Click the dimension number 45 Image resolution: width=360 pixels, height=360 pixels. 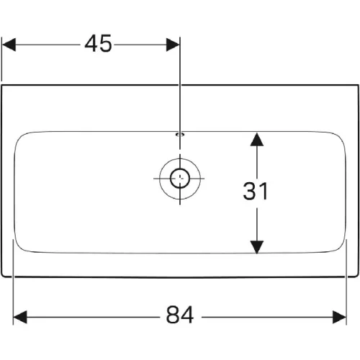[x=98, y=43]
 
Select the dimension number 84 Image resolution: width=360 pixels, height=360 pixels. [x=180, y=315]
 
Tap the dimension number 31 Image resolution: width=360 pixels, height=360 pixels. [x=256, y=191]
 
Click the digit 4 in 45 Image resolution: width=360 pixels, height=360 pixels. [x=91, y=43]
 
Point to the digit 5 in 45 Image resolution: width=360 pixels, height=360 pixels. [x=106, y=43]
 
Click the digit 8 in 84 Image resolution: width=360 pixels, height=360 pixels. [x=173, y=315]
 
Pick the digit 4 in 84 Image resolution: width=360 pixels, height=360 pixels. [x=187, y=315]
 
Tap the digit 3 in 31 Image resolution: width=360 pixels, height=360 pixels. [x=249, y=191]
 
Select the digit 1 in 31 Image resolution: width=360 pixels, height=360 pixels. [x=264, y=191]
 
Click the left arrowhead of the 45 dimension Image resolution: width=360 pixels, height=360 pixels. [x=9, y=45]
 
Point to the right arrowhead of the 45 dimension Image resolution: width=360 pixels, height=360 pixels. [x=173, y=45]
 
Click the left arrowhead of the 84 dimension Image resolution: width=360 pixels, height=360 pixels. [x=19, y=317]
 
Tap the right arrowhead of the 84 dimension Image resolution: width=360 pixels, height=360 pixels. [x=339, y=317]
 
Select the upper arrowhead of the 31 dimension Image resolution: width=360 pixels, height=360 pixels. [x=257, y=140]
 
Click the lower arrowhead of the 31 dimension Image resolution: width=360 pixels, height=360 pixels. [x=257, y=247]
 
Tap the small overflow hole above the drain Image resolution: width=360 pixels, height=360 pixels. [x=180, y=134]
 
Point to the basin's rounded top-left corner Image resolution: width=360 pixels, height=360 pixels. [x=19, y=138]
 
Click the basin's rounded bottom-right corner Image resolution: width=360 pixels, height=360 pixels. [x=341, y=247]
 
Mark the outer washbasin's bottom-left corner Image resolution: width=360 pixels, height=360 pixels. [x=3, y=276]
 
